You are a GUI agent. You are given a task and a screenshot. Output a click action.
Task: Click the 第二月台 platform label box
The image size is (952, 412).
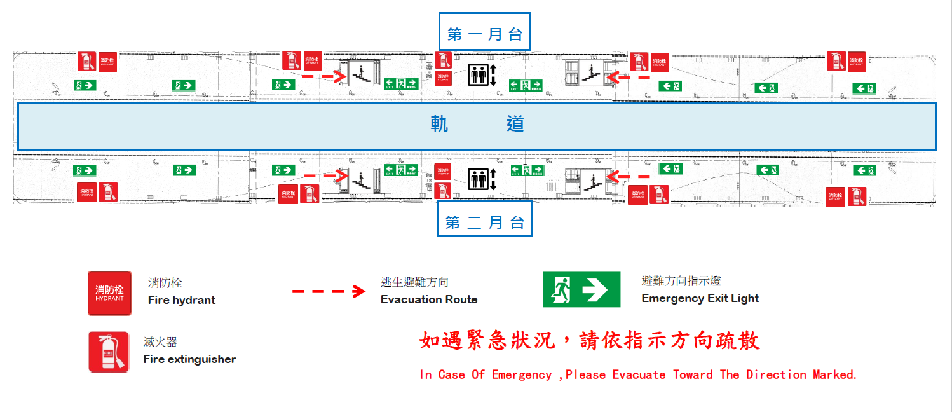484,223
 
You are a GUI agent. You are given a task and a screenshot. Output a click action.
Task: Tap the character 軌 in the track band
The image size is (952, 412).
439,123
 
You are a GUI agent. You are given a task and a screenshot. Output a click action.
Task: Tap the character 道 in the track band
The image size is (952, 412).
515,123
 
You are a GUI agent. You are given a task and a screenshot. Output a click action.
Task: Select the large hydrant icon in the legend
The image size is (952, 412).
109,293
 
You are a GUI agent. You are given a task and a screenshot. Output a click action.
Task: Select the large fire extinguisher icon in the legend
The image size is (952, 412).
109,352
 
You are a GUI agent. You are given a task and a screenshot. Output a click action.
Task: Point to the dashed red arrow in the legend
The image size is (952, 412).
329,291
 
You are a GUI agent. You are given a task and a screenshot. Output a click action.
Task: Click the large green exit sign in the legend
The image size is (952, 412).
581,290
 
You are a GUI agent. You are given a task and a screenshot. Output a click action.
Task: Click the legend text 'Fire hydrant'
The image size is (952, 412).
182,300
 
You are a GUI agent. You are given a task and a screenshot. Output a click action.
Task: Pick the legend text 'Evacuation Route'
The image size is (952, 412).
429,299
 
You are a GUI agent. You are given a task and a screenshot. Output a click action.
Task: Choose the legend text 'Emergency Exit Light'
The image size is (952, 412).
700,298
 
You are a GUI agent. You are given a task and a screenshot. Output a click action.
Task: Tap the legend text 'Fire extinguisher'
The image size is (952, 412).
189,359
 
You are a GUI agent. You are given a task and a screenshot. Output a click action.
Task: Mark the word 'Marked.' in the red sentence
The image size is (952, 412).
835,374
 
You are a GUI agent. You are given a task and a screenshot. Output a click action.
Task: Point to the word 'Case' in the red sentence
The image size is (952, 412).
452,374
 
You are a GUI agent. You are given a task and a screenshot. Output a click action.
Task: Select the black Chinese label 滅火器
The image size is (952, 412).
160,343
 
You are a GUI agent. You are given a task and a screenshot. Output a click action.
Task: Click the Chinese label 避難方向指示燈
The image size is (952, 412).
681,281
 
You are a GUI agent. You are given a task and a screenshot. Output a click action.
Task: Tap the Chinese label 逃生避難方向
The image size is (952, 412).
414,282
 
